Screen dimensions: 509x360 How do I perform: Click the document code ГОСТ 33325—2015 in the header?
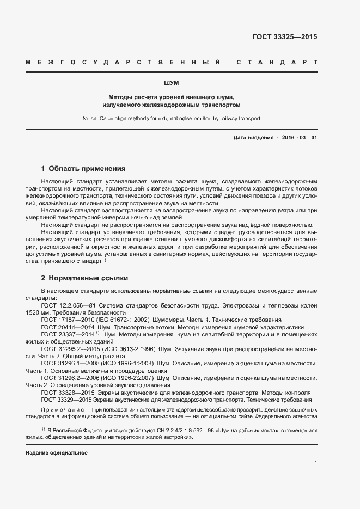(x=284, y=38)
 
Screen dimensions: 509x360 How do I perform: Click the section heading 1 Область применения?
(x=83, y=169)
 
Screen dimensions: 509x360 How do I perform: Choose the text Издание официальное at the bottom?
(x=57, y=452)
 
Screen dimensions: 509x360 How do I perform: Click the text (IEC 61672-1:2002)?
(x=116, y=320)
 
